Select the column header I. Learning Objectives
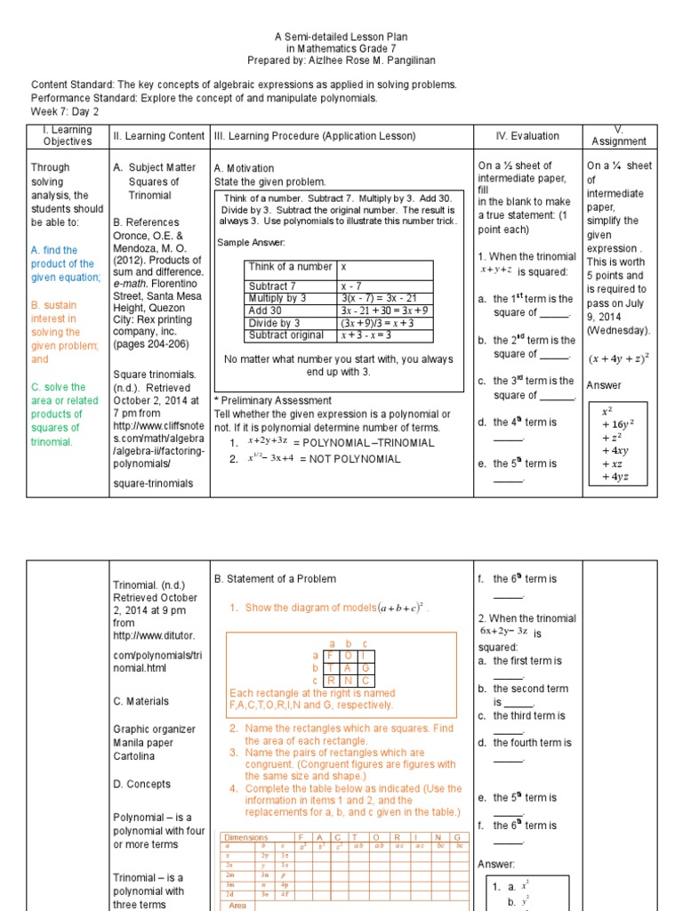[x=68, y=135]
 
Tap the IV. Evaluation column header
[x=527, y=136]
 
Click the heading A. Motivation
[x=245, y=168]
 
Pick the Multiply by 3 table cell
[x=277, y=298]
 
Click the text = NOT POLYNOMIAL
[x=350, y=459]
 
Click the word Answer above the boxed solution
[x=604, y=385]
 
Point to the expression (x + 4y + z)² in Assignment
[x=619, y=359]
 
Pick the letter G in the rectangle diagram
[x=366, y=668]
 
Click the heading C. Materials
[x=141, y=701]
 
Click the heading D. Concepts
[x=142, y=784]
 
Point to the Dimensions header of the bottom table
[x=246, y=838]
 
